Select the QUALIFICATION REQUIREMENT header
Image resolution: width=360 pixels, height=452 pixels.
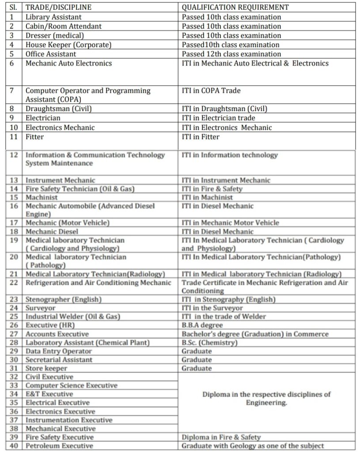[x=235, y=7]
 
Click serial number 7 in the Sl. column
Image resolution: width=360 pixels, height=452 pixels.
[x=12, y=90]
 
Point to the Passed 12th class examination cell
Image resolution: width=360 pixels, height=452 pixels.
[x=231, y=54]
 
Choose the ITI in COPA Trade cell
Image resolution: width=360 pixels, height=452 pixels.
[x=211, y=90]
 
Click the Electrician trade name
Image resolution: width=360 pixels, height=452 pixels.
[x=43, y=118]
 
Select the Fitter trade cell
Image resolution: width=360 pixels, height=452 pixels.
[x=34, y=137]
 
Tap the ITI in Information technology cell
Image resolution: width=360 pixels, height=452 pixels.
[x=230, y=155]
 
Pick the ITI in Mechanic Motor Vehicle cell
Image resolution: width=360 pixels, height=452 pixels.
[x=230, y=223]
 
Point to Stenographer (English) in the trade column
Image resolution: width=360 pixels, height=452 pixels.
[x=63, y=299]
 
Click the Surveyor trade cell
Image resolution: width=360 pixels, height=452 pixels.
[x=41, y=308]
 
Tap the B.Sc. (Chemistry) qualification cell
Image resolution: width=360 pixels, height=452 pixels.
[x=209, y=343]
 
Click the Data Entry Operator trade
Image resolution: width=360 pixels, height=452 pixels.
[x=59, y=351]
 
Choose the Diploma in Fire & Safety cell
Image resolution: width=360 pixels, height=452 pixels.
[x=221, y=437]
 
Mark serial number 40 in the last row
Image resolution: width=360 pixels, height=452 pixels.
[x=14, y=446]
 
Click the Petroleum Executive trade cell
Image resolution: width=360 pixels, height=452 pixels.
[x=60, y=446]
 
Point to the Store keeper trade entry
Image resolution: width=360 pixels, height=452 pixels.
[x=46, y=368]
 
